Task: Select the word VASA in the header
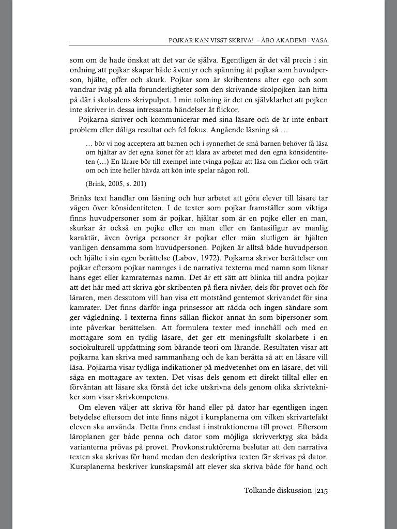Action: click(x=319, y=40)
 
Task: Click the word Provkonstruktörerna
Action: click(x=192, y=447)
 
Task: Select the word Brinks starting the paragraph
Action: click(x=80, y=198)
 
